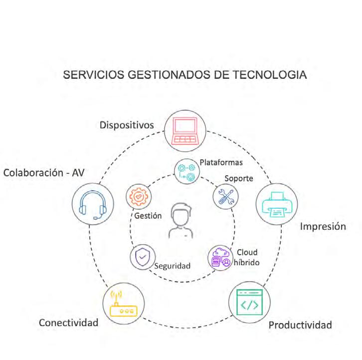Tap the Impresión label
point(323,226)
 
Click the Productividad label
point(300,325)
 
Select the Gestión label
point(149,216)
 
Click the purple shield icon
point(142,258)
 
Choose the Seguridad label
point(173,266)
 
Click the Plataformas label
point(221,162)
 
